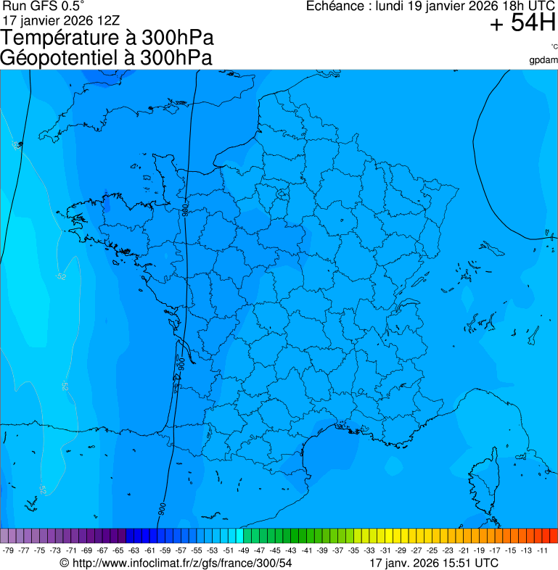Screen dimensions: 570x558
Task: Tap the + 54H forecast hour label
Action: [522, 24]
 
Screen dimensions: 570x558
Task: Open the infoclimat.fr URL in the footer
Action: [181, 563]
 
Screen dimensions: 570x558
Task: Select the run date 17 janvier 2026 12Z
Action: [61, 20]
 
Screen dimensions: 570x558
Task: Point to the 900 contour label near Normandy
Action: [186, 210]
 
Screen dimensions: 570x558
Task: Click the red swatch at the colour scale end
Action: [553, 536]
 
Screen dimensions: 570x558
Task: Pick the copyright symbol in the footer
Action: [65, 563]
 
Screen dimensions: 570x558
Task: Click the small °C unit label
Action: [554, 46]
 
